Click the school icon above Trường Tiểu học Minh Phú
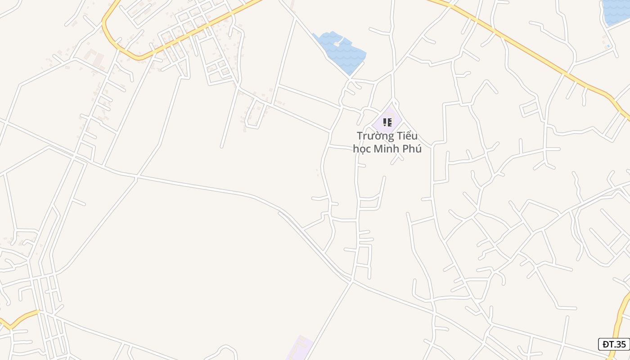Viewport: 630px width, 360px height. tap(387, 122)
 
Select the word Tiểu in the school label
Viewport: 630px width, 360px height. tap(406, 136)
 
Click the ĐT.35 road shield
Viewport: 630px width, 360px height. tap(614, 344)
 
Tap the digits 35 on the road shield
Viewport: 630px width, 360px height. tap(621, 344)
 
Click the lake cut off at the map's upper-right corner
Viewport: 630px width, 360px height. tap(616, 11)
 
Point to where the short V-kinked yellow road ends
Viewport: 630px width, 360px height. tap(38, 310)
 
